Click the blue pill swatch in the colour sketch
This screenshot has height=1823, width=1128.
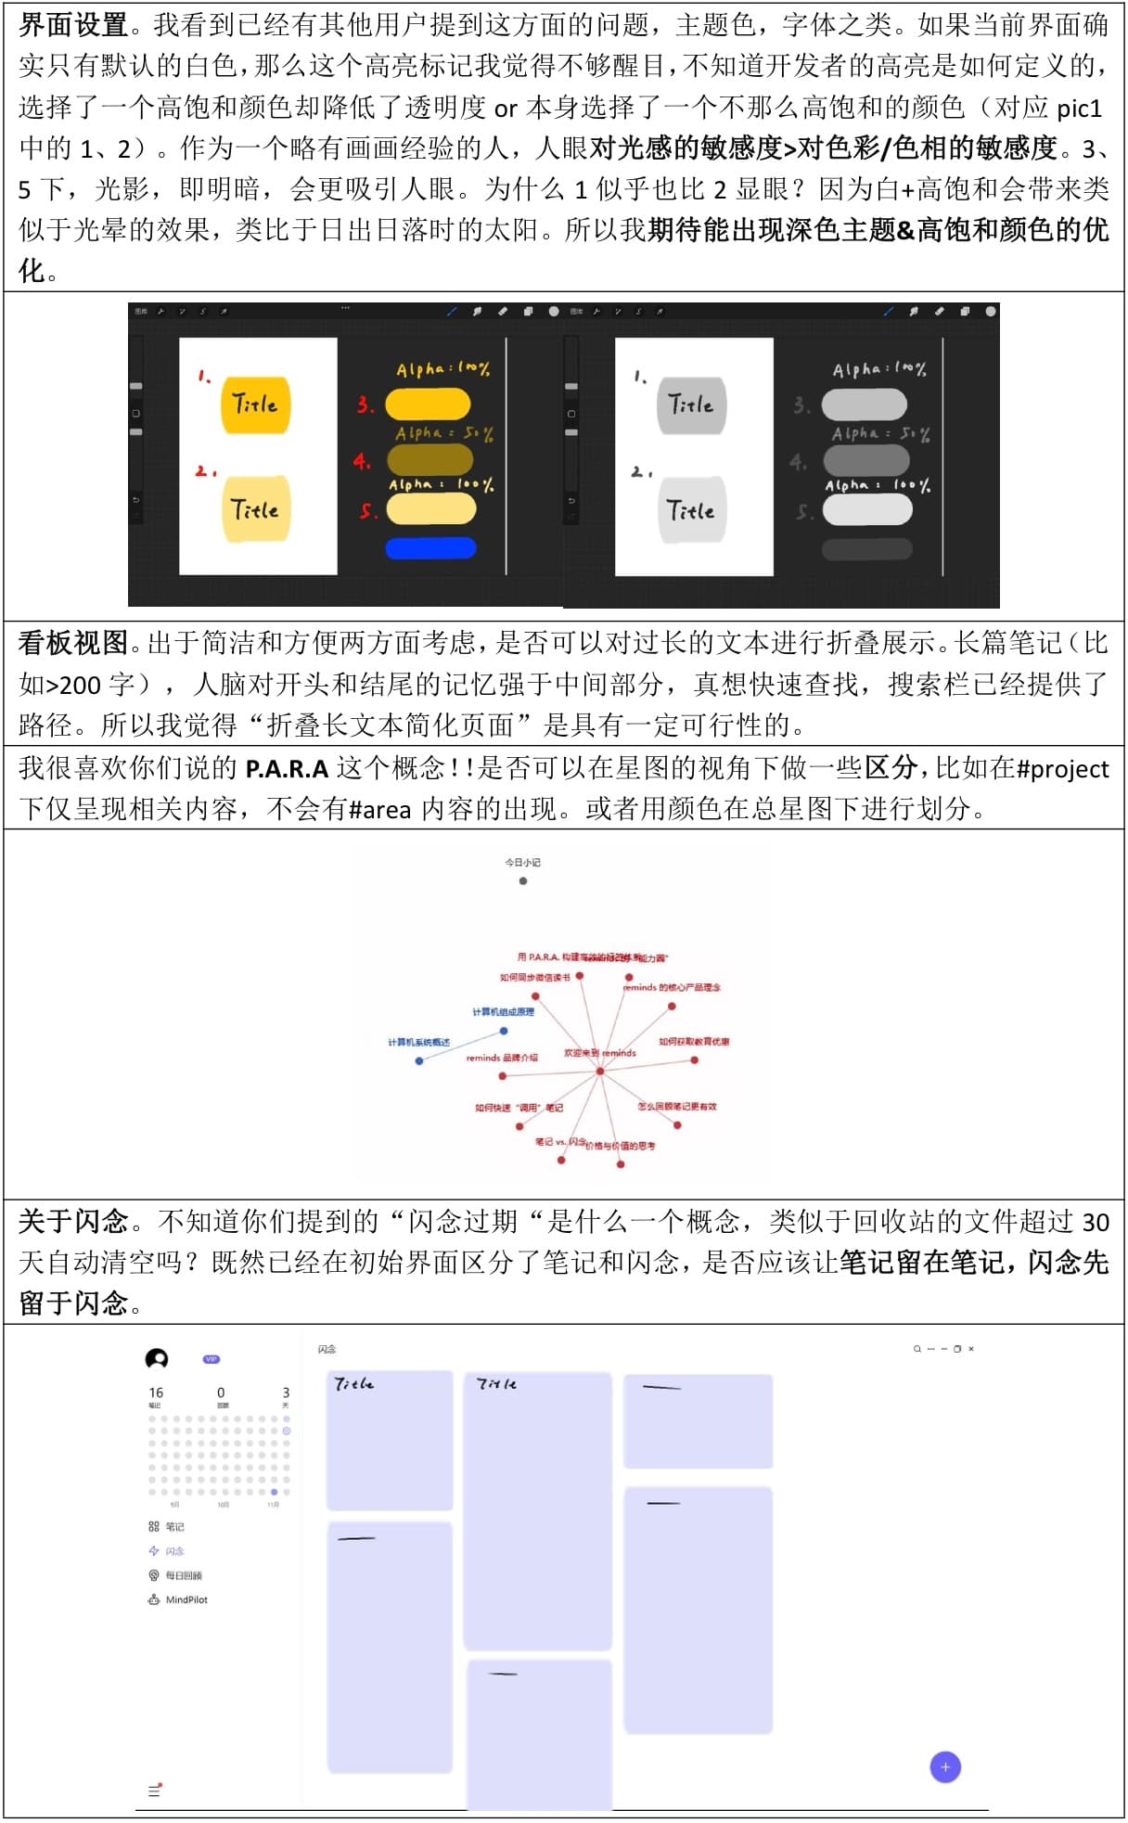(x=430, y=547)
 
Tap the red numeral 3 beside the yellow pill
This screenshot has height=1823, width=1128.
(x=365, y=404)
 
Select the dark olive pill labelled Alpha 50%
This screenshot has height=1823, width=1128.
(x=429, y=459)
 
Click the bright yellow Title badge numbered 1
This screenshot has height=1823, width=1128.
(x=255, y=404)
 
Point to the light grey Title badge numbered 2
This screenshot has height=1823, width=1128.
(x=691, y=509)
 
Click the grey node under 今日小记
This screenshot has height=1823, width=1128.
(x=523, y=880)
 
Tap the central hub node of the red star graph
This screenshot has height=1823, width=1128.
(x=600, y=1071)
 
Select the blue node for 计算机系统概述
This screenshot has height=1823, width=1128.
(x=419, y=1059)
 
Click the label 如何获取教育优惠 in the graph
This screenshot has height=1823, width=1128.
(x=694, y=1042)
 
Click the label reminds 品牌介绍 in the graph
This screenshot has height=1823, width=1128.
(x=502, y=1058)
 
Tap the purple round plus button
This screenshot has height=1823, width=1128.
(x=945, y=1767)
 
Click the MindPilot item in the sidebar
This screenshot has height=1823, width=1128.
(x=186, y=1599)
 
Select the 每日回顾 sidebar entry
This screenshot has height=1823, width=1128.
(x=183, y=1575)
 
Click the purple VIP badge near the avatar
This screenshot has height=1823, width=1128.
(x=211, y=1359)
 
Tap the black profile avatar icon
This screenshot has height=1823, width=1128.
(x=157, y=1359)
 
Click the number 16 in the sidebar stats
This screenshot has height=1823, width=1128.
(x=156, y=1393)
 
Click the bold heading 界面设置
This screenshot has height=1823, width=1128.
(x=73, y=25)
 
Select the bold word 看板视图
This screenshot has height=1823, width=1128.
(x=73, y=643)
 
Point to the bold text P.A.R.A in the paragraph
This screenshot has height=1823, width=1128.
(x=287, y=769)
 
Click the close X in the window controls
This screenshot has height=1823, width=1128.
(x=971, y=1349)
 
